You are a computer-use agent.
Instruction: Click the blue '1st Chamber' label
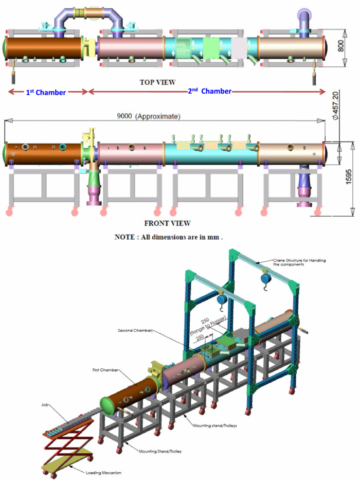[46, 93]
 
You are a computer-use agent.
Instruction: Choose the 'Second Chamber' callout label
[135, 330]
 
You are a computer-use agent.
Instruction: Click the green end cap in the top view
[5, 48]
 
